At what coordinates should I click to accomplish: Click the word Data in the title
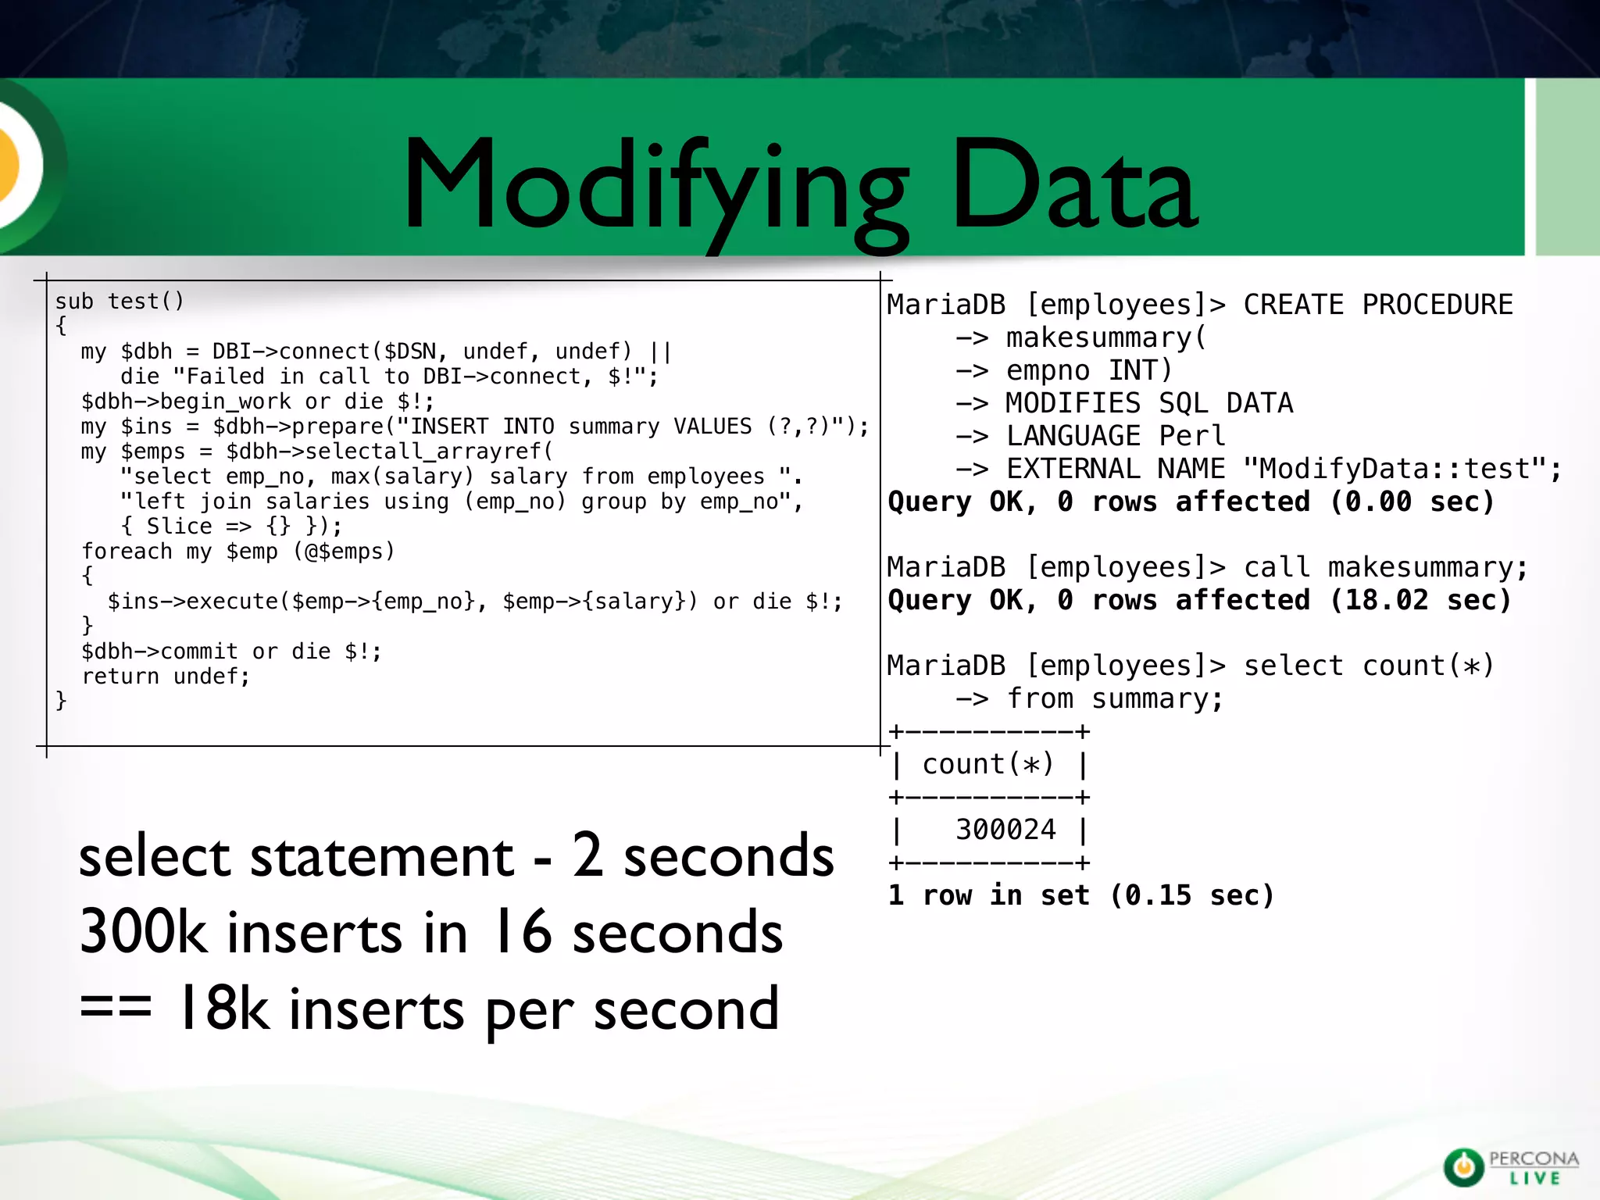pyautogui.click(x=1073, y=187)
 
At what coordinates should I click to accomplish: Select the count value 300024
pyautogui.click(x=1005, y=830)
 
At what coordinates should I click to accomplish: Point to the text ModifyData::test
pyautogui.click(x=1394, y=469)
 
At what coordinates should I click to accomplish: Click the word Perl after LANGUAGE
pyautogui.click(x=1192, y=436)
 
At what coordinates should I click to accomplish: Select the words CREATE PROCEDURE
pyautogui.click(x=1378, y=305)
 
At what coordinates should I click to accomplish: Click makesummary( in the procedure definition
pyautogui.click(x=1106, y=337)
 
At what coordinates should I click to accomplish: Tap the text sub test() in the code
pyautogui.click(x=119, y=302)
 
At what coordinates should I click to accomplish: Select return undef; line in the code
pyautogui.click(x=166, y=677)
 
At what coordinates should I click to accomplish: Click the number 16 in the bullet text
pyautogui.click(x=522, y=931)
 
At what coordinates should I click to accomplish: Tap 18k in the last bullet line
pyautogui.click(x=223, y=1008)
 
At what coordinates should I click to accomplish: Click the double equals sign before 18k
pyautogui.click(x=116, y=1008)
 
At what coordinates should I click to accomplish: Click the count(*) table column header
pyautogui.click(x=988, y=764)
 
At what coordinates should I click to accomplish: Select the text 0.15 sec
pyautogui.click(x=1192, y=895)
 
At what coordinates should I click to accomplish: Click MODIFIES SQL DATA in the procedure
pyautogui.click(x=1148, y=403)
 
